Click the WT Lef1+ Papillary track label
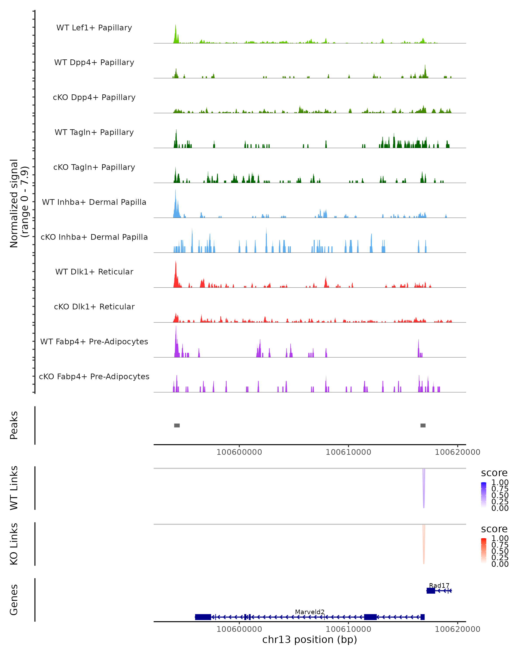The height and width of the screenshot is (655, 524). [94, 28]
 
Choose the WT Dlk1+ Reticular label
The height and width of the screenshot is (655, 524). [94, 272]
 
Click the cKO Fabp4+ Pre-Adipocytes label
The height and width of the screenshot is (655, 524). [94, 376]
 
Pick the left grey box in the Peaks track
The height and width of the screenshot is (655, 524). [177, 425]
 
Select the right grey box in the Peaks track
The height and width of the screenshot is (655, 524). [423, 425]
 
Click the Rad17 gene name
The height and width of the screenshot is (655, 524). [439, 585]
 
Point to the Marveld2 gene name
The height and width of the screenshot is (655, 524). [310, 612]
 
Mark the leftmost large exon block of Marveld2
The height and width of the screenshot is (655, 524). [203, 617]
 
